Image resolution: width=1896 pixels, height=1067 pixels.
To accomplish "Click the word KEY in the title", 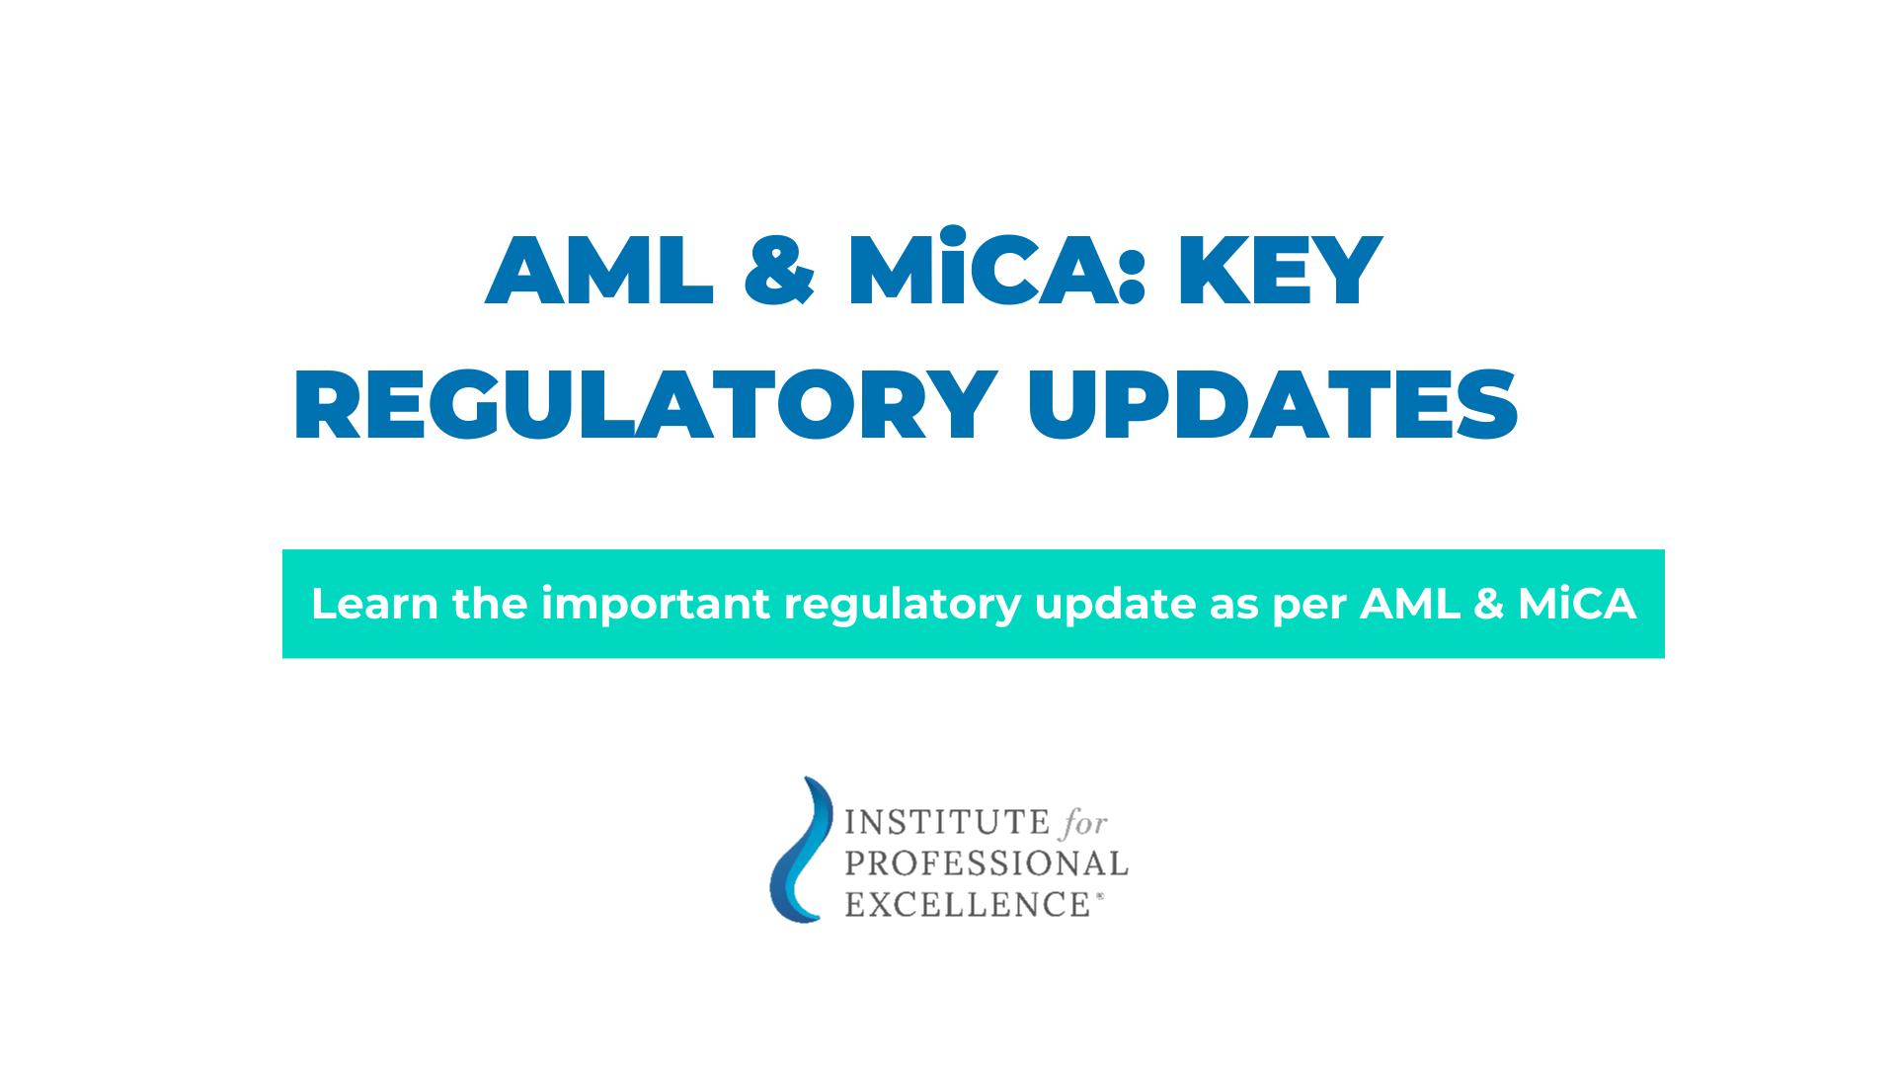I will pos(1279,271).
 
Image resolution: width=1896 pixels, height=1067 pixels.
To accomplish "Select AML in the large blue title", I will pos(599,271).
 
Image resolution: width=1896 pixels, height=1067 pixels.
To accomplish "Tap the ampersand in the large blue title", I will pos(779,271).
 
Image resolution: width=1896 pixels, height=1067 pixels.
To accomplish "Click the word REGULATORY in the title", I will pos(645,405).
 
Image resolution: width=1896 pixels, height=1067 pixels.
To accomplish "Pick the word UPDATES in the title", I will pos(1272,405).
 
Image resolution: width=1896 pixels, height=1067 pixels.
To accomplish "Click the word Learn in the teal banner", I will pos(374,604).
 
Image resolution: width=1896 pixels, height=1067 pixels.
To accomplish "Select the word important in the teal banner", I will pos(655,604).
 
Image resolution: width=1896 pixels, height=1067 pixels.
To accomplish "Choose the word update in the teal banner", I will pos(1115,604).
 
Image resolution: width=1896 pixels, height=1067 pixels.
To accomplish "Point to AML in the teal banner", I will pos(1409,604).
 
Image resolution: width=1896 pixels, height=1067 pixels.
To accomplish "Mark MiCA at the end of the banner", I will pos(1576,604).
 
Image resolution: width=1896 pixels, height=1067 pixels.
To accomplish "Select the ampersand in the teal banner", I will pos(1488,605).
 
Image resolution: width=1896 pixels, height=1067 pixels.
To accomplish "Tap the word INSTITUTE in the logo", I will pos(933,822).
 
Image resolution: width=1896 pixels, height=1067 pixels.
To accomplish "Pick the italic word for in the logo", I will pos(1083,823).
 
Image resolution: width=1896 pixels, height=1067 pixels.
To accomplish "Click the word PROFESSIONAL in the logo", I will pos(986,863).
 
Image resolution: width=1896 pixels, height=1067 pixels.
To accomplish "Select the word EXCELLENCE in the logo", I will pos(967,905).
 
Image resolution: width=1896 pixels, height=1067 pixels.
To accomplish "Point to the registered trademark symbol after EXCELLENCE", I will pos(1100,897).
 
